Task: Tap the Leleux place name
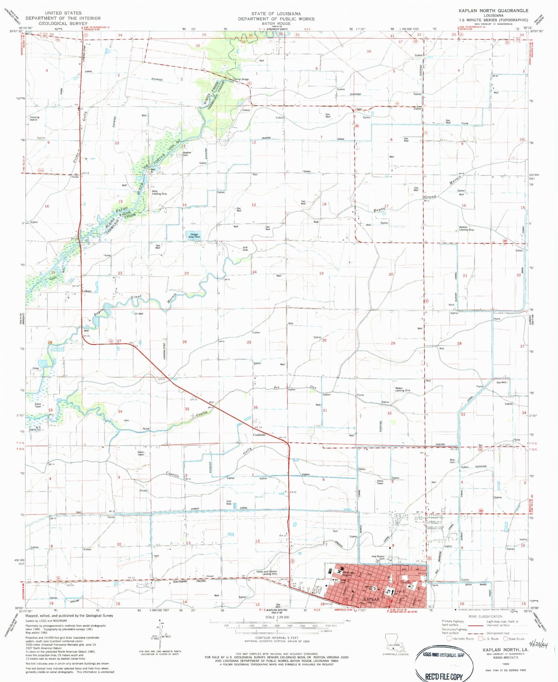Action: click(87, 291)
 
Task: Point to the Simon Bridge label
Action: click(241, 79)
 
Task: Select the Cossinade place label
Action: click(259, 435)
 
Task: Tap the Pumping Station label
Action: click(34, 118)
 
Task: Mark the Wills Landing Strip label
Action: click(159, 192)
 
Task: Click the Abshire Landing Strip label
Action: click(466, 229)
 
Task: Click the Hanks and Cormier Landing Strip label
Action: click(267, 573)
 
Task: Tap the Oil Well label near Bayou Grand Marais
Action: click(138, 314)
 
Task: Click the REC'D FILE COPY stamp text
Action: click(444, 676)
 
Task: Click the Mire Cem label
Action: click(452, 461)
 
